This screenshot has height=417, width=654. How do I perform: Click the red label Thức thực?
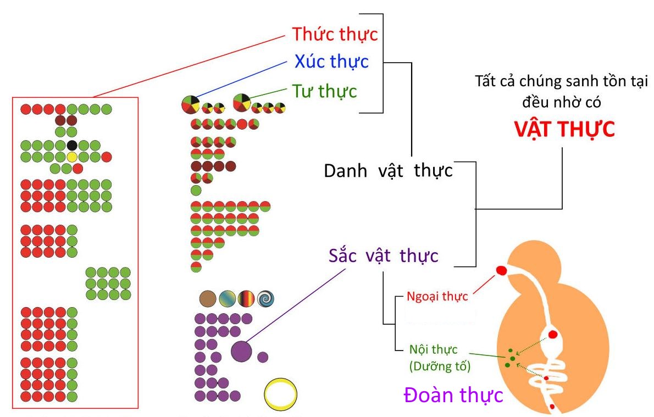tap(335, 34)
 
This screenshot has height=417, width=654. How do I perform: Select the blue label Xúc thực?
tap(331, 62)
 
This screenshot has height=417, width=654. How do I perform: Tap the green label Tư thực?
tap(324, 91)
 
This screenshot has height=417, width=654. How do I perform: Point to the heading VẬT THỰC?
tap(564, 129)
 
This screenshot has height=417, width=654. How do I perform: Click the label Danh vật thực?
tap(389, 170)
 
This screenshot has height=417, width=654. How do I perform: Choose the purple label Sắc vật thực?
tap(383, 255)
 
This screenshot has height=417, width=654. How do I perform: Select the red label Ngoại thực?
tap(437, 297)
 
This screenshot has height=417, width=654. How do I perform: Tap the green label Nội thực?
tap(433, 349)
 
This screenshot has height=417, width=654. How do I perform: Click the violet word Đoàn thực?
tap(453, 394)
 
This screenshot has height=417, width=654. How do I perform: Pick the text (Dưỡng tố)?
tap(440, 366)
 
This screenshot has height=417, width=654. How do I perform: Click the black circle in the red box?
tap(72, 145)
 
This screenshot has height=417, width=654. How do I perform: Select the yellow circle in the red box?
tap(72, 157)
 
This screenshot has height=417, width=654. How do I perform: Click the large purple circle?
tap(241, 351)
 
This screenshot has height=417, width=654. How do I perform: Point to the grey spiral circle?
tap(265, 298)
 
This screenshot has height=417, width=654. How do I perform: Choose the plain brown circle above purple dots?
tap(208, 298)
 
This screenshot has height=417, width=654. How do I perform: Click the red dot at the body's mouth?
tap(501, 271)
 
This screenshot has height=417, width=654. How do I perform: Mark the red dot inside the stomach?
tap(553, 334)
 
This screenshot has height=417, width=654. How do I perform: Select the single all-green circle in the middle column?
tap(196, 191)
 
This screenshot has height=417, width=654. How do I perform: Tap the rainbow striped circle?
tap(246, 298)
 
